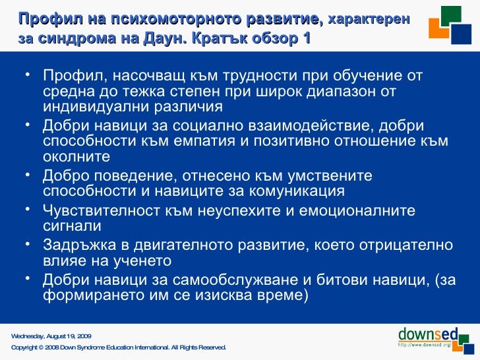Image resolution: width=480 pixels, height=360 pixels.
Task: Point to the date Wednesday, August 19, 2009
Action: coord(51,336)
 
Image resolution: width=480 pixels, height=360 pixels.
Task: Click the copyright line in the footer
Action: coord(119,347)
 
